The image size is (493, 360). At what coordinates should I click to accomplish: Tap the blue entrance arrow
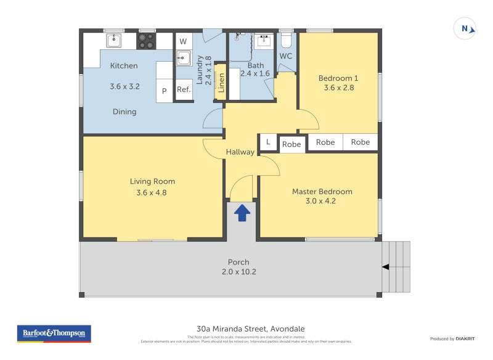click(x=242, y=213)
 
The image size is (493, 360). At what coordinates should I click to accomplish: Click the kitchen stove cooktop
click(x=147, y=41)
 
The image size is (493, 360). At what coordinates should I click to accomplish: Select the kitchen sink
click(x=114, y=41)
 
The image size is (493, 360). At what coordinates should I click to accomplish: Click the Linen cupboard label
click(x=221, y=86)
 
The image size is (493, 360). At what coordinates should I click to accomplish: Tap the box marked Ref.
click(x=184, y=89)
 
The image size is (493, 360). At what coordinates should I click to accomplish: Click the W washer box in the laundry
click(x=183, y=41)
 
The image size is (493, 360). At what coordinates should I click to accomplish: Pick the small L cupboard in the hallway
click(x=268, y=142)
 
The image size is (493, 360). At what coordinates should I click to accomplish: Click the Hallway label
click(x=240, y=152)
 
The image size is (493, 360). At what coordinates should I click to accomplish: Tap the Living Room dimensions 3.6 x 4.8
click(x=152, y=192)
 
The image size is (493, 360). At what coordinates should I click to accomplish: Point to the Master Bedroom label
click(x=322, y=191)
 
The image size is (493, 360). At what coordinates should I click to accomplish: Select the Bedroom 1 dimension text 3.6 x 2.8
click(x=338, y=88)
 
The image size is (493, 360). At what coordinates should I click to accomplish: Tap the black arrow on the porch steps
click(x=386, y=267)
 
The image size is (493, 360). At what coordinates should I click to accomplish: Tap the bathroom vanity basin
click(x=264, y=41)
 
